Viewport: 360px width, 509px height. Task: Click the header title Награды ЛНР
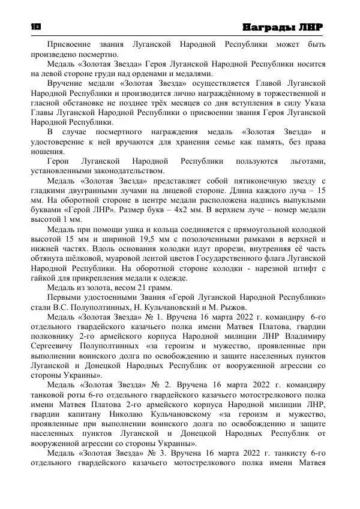283,28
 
